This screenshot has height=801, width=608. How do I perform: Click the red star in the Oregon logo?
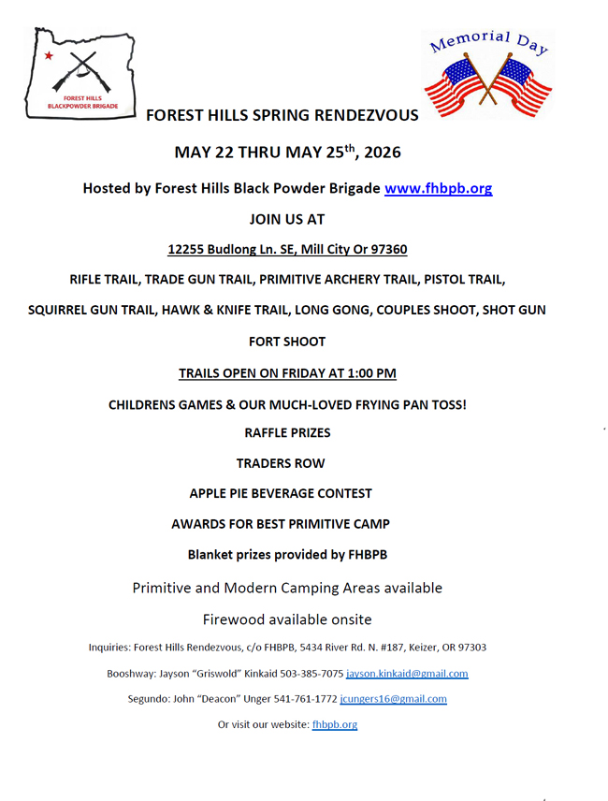coord(49,56)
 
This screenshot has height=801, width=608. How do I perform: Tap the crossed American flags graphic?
coord(487,84)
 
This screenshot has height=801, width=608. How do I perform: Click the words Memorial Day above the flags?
coord(487,41)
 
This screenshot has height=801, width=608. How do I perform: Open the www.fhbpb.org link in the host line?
coord(438,188)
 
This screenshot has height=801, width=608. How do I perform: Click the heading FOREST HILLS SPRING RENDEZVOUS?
coord(282,116)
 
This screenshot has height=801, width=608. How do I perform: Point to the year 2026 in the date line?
coord(384,152)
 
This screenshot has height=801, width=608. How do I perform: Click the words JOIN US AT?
coord(287,219)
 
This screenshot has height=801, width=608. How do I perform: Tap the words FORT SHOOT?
coord(287,342)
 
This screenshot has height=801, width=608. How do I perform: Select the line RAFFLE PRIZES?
coord(287,433)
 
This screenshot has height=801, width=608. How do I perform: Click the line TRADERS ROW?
coord(287,463)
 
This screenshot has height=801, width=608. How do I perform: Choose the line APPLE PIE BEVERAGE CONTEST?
coord(281,493)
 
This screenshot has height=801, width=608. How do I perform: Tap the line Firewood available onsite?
coord(287,619)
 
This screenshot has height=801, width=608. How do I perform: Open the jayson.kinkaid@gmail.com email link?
coord(407,674)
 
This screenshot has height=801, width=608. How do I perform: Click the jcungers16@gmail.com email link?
coord(393,699)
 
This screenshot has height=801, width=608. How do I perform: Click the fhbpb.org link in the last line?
coord(334,724)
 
